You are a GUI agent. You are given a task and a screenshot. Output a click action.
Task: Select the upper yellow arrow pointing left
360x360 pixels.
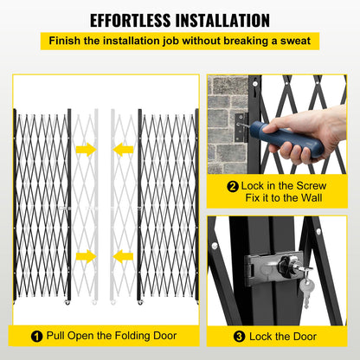coord(123,149)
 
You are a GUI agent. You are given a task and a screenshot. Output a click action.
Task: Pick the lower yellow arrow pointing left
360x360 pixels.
coord(123,255)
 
